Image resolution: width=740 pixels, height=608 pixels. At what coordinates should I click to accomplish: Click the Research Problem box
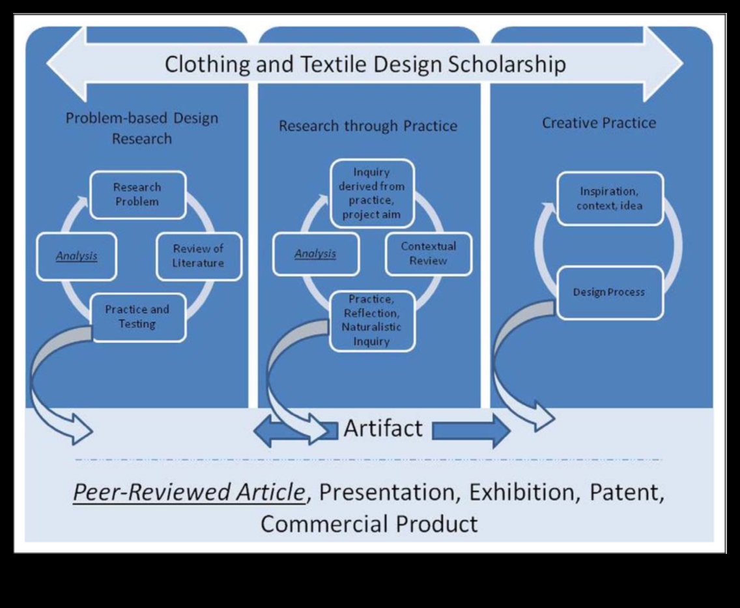click(x=137, y=194)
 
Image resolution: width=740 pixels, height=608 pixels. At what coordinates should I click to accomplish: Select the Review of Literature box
click(x=198, y=256)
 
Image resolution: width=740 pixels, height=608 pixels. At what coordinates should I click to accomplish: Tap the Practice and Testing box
click(x=137, y=317)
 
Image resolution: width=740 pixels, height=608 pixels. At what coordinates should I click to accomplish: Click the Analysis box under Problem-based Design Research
click(x=76, y=256)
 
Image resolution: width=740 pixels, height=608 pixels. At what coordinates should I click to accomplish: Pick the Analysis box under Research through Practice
click(x=315, y=253)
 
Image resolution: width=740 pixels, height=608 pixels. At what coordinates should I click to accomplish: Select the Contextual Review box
click(x=428, y=253)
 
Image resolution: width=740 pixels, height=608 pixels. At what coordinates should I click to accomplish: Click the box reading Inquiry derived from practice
click(x=372, y=194)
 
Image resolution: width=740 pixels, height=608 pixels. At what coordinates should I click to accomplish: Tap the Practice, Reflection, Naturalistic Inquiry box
click(x=371, y=321)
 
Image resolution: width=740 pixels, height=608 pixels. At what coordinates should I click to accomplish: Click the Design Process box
click(x=609, y=292)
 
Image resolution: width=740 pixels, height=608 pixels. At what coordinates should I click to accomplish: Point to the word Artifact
click(x=383, y=428)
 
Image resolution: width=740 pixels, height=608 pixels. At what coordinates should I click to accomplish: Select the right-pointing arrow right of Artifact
click(x=471, y=431)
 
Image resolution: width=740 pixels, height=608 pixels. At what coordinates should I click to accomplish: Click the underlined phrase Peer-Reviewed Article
click(x=188, y=493)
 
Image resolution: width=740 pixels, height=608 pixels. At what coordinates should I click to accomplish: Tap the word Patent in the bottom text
click(x=627, y=492)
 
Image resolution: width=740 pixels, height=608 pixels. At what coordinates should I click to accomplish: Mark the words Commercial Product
click(x=369, y=523)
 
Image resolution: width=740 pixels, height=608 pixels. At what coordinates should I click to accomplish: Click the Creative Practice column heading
click(x=599, y=123)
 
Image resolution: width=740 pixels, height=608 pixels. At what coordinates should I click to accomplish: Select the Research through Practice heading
click(x=368, y=126)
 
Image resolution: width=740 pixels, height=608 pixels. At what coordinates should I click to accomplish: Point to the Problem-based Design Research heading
click(x=142, y=128)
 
